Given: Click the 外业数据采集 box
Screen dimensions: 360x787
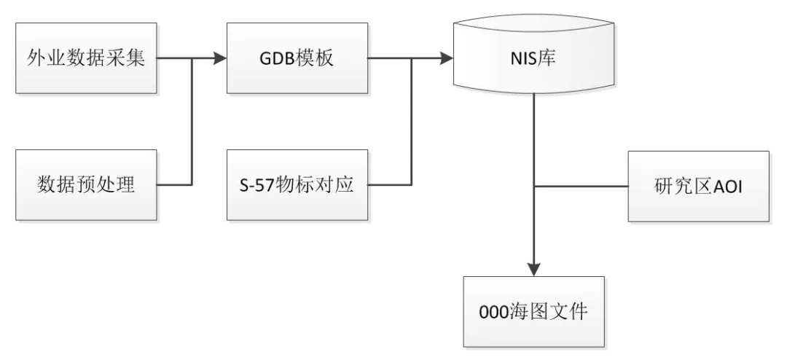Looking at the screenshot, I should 86,58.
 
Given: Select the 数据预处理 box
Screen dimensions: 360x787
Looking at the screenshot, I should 86,185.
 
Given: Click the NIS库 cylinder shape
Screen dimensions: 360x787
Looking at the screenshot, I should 533,58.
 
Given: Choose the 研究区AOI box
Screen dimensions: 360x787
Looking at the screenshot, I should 698,187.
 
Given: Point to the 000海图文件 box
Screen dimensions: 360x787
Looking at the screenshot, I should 533,312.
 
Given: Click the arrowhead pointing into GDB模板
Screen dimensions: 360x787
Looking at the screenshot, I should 220,58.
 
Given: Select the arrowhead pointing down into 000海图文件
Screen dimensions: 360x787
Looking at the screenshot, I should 534,269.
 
